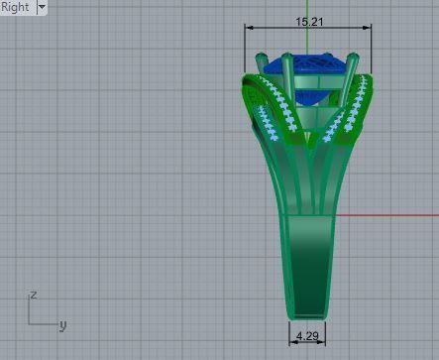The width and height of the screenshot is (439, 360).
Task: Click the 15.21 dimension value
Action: coord(308,19)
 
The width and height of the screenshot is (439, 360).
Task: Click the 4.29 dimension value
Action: coord(307,338)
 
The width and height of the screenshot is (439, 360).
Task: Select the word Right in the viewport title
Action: coord(16,7)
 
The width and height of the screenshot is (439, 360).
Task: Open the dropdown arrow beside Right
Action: coord(41,7)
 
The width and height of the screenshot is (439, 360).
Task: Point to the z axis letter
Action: coord(34,295)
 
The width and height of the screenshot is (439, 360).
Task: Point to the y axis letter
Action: coord(61,323)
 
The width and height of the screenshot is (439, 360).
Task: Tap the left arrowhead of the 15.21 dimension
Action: coord(249,28)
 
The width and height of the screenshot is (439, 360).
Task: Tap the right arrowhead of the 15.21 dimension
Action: coord(368,28)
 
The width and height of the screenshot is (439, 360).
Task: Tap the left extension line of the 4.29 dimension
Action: coord(289,332)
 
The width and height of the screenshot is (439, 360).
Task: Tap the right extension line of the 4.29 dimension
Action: coord(325,332)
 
